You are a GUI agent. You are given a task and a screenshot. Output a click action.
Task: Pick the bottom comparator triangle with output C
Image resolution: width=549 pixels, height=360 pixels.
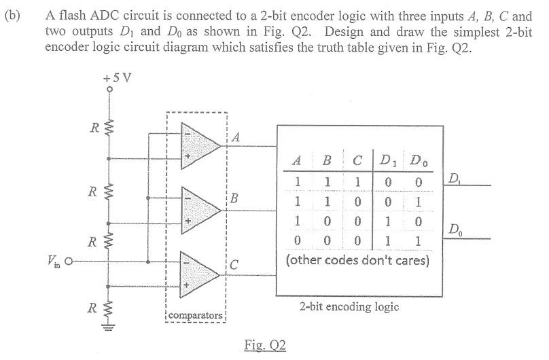[x=197, y=272]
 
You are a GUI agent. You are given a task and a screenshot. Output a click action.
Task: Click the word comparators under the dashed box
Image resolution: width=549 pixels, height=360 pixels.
[x=196, y=316]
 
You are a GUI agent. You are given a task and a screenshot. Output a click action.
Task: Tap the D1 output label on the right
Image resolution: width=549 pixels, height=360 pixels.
[x=455, y=179]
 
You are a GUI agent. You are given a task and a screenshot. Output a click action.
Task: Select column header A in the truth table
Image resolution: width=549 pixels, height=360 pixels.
[x=296, y=162]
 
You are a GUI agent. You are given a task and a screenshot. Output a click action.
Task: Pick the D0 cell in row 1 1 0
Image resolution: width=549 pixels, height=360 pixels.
[x=419, y=202]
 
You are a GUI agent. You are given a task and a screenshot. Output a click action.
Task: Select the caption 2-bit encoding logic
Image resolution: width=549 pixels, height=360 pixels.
[x=349, y=306]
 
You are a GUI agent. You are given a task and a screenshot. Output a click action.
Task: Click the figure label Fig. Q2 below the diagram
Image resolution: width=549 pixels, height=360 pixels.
[x=265, y=345]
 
